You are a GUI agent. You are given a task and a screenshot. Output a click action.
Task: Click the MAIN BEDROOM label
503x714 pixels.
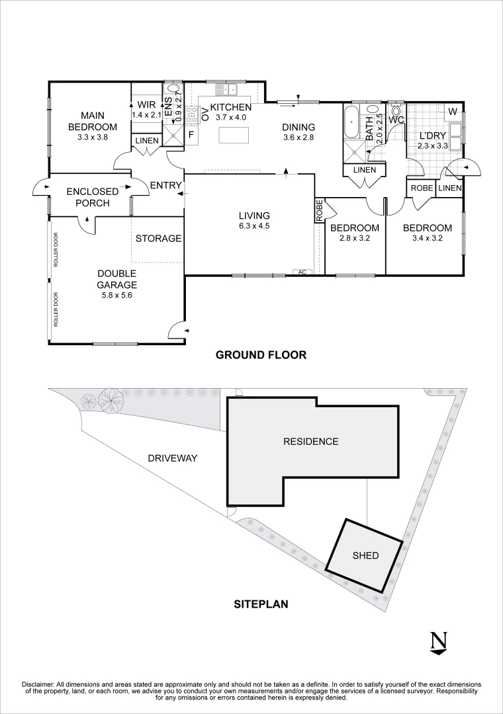[93, 121]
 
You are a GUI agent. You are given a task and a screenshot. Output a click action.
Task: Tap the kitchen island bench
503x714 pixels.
[234, 136]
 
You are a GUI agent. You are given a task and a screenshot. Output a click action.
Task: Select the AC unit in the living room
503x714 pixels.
[302, 272]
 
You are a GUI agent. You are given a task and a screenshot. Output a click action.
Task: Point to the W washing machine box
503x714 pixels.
[453, 112]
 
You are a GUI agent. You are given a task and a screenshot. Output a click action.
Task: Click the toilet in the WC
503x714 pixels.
[395, 110]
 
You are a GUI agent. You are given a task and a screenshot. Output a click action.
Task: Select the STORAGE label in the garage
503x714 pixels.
[158, 238]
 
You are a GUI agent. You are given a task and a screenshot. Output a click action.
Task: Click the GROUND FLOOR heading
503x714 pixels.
[261, 355]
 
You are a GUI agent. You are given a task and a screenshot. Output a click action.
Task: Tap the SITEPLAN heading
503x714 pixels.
[261, 604]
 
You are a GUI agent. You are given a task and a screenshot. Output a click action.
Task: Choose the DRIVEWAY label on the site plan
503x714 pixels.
[172, 458]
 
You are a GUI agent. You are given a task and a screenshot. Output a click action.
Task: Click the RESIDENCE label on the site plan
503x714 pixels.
[310, 441]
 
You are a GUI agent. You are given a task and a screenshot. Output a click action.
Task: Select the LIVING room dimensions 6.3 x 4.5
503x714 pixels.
[255, 226]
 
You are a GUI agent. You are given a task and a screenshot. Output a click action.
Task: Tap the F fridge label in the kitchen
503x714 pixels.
[191, 135]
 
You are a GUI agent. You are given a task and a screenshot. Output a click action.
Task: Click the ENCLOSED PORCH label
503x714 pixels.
[93, 197]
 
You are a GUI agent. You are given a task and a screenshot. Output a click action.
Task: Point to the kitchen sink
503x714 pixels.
[226, 89]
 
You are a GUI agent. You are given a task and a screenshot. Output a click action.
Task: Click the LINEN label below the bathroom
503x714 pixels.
[365, 170]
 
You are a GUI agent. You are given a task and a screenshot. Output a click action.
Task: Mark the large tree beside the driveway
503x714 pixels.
[109, 400]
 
